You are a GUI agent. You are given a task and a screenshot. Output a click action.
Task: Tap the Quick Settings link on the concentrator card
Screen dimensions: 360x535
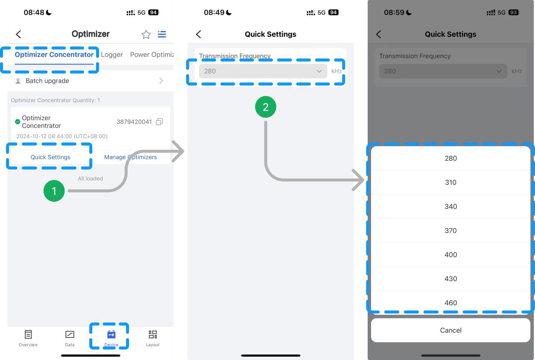(x=50, y=157)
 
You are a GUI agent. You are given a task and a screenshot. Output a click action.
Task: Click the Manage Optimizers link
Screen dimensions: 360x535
(x=130, y=157)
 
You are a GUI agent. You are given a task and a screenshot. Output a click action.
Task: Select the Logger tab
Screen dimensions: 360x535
(x=112, y=55)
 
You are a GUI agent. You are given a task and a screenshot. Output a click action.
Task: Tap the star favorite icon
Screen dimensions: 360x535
(x=146, y=34)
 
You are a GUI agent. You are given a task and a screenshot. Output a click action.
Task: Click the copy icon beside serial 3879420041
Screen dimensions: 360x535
(x=159, y=122)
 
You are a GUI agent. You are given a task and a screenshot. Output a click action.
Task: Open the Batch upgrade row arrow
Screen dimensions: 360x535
(x=161, y=81)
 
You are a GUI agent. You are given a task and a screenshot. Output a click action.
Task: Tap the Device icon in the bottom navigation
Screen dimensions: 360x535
(x=111, y=334)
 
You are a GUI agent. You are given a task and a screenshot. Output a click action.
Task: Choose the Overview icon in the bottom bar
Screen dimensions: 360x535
(x=28, y=334)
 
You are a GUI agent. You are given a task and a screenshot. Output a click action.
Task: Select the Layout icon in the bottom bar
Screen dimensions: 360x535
(x=153, y=334)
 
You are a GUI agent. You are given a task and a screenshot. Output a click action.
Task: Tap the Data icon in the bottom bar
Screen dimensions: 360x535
(x=70, y=334)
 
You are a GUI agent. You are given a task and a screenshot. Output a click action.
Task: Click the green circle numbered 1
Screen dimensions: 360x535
(x=54, y=191)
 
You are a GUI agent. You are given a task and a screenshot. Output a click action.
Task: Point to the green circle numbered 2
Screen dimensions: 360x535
(x=266, y=107)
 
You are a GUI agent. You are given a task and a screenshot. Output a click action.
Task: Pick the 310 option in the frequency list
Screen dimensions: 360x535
(x=451, y=183)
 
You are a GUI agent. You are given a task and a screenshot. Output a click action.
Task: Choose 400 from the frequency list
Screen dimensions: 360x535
(x=451, y=255)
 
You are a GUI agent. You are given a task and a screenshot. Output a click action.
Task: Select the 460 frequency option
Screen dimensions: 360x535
(x=451, y=303)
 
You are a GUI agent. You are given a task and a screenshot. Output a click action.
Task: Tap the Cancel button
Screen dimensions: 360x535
(x=451, y=330)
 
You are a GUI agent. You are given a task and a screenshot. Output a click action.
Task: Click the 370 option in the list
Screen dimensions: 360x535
(x=451, y=231)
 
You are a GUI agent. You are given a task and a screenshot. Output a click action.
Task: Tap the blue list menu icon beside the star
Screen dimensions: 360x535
(x=162, y=34)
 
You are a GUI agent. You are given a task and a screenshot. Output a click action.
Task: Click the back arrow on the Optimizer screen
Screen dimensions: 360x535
(x=18, y=34)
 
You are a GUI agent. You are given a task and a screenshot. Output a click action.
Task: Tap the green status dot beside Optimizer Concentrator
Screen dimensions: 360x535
(x=18, y=121)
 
